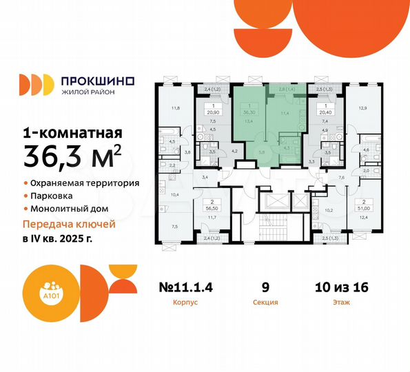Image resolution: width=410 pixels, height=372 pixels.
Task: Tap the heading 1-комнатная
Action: (x=72, y=132)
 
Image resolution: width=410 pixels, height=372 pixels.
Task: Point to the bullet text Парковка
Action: (x=52, y=196)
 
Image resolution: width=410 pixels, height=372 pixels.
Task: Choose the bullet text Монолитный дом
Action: (x=69, y=208)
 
